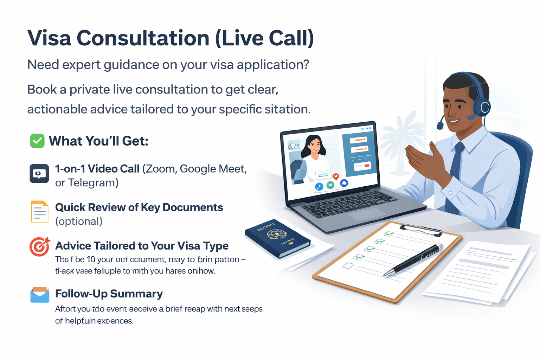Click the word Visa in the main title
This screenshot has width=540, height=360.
coord(49,38)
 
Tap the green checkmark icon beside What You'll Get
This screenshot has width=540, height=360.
coord(37,141)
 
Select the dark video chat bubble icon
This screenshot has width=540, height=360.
coord(39,173)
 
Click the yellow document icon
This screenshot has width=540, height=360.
coord(40,212)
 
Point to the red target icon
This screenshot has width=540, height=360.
coord(39,247)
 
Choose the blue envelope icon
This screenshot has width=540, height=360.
coord(40,295)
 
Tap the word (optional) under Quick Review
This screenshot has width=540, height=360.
coord(79,221)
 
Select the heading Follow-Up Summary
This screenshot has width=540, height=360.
coord(109,294)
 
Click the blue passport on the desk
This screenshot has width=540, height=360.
coord(277,238)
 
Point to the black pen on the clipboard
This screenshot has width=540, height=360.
coord(415,260)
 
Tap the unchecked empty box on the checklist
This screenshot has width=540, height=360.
coord(348,265)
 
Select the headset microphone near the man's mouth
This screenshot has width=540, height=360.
coord(440,125)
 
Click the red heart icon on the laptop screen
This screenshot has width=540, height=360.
coord(336,176)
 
